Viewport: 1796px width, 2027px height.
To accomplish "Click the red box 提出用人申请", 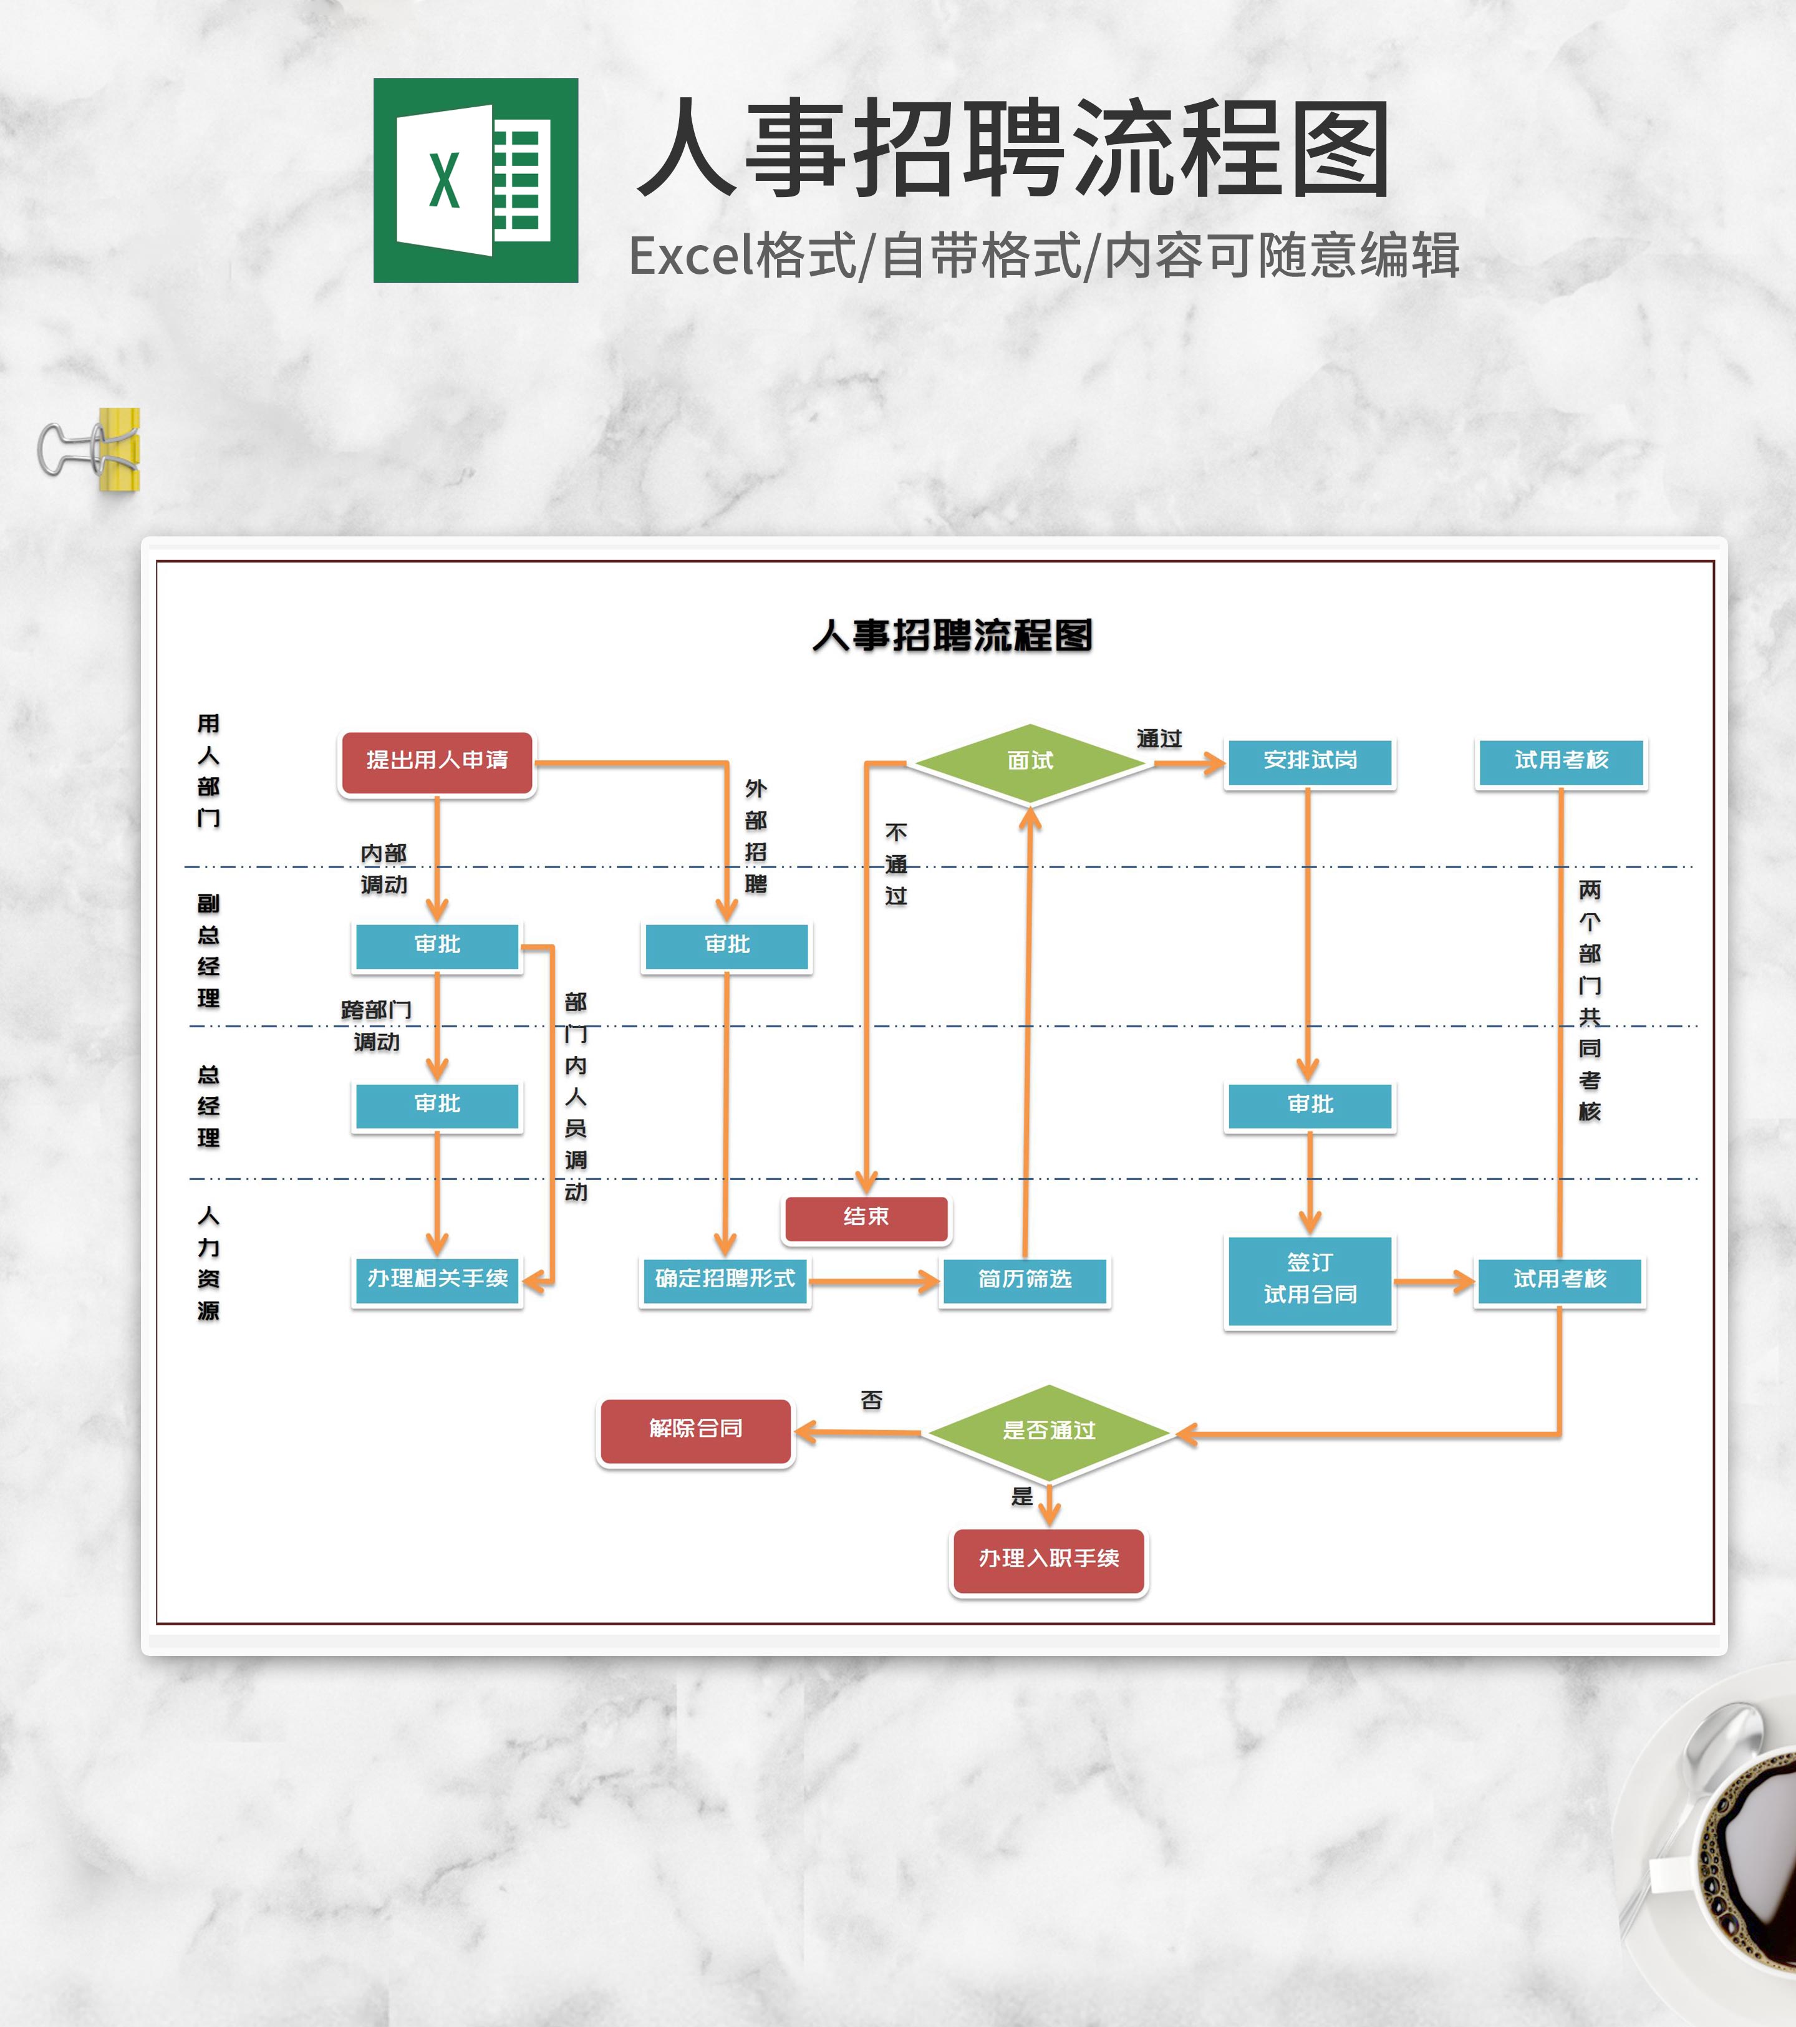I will click(437, 761).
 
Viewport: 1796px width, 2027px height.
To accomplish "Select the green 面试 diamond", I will click(1030, 762).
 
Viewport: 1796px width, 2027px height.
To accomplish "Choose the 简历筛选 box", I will click(1025, 1280).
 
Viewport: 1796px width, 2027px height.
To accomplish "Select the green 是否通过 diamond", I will click(1048, 1431).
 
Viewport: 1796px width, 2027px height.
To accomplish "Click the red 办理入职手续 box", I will click(1048, 1559).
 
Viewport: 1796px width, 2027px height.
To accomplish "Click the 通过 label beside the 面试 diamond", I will click(1158, 739).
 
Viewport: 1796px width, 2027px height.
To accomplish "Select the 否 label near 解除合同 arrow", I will click(871, 1400).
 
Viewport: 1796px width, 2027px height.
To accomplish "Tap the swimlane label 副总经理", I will click(208, 950).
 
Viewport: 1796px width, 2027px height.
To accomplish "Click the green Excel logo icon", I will click(475, 180).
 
